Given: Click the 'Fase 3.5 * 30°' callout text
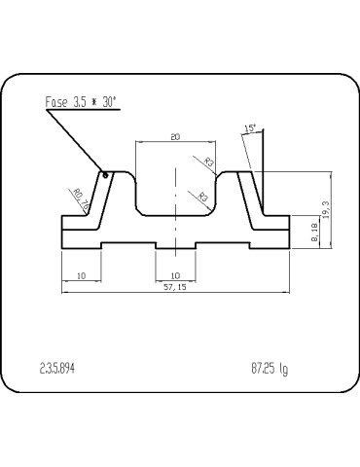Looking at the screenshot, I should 87,100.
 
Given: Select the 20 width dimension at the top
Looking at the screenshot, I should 175,137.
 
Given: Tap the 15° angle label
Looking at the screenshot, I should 251,128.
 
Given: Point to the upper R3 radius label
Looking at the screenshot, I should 209,162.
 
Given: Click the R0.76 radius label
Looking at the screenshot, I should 81,198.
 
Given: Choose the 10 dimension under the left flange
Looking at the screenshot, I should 81,275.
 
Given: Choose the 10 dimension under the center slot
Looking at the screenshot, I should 175,275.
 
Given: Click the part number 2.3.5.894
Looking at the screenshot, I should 57,369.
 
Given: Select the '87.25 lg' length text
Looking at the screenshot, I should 270,369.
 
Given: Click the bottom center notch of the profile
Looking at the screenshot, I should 175,244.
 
